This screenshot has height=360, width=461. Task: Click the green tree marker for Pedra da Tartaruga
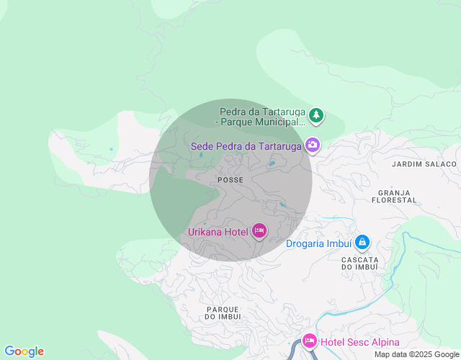pos(315,115)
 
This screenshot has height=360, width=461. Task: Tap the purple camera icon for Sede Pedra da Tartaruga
pos(313,145)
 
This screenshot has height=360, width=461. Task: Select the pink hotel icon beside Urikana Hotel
pos(259,231)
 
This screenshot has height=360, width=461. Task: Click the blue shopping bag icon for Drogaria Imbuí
pos(362,243)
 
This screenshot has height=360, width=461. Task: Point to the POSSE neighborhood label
pos(230,179)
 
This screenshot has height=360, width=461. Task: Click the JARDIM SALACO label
pos(424,164)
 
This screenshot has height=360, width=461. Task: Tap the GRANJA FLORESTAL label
pos(394,197)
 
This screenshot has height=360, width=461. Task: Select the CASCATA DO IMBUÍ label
pos(360,264)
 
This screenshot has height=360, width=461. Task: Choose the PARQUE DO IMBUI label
pos(223,312)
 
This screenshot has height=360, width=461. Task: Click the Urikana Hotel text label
pos(218,232)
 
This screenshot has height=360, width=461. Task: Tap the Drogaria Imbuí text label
pos(319,243)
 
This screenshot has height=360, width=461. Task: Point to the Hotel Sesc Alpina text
pos(360,342)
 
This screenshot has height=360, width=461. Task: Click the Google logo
pos(24,351)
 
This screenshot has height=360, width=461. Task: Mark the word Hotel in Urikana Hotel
pos(235,232)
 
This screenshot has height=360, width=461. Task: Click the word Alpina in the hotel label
pos(382,342)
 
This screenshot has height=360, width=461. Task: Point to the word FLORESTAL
pos(394,200)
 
